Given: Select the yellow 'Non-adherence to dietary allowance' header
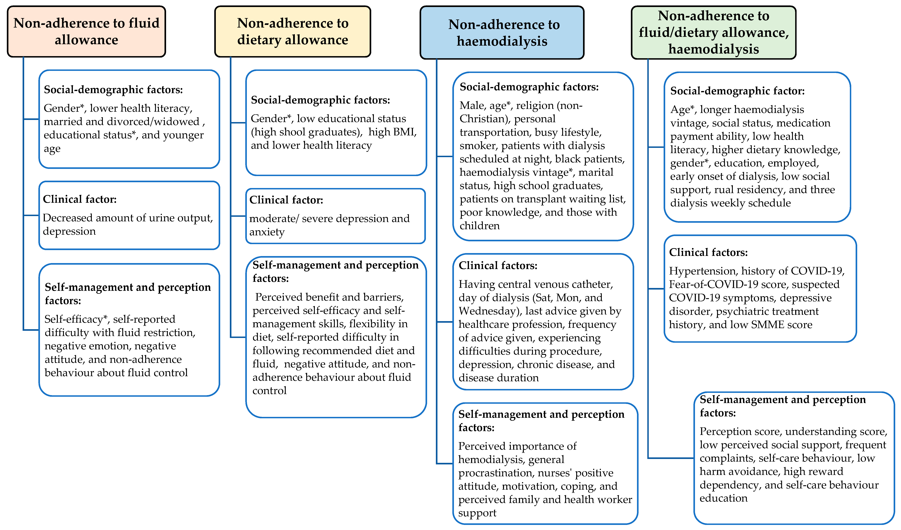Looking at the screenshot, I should [x=292, y=32].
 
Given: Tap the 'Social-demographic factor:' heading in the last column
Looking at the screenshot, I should [x=737, y=91].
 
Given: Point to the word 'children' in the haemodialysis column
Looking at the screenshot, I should [x=479, y=226].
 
